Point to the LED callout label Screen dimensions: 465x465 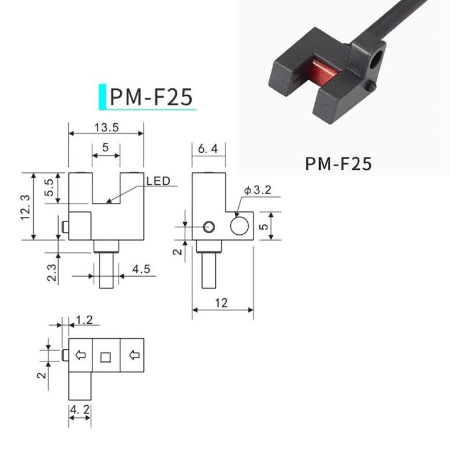(158, 181)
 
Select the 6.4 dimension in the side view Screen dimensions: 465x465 (208, 149)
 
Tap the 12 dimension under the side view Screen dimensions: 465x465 (221, 303)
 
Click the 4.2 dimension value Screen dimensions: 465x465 (80, 411)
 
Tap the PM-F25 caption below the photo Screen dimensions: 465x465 (338, 164)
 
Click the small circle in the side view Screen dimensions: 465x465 (209, 226)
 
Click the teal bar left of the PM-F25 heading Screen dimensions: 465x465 (103, 97)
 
